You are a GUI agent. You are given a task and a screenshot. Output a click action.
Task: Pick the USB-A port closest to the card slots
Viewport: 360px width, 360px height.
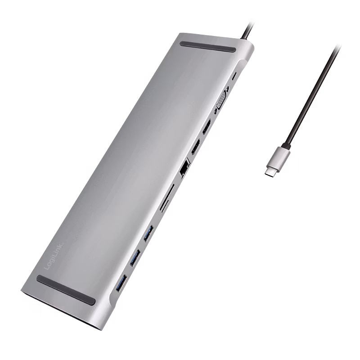coord(148,233)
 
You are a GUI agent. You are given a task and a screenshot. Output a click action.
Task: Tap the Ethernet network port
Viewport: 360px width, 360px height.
coord(183,169)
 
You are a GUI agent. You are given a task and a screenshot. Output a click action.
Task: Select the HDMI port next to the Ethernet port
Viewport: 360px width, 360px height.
coord(196,146)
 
